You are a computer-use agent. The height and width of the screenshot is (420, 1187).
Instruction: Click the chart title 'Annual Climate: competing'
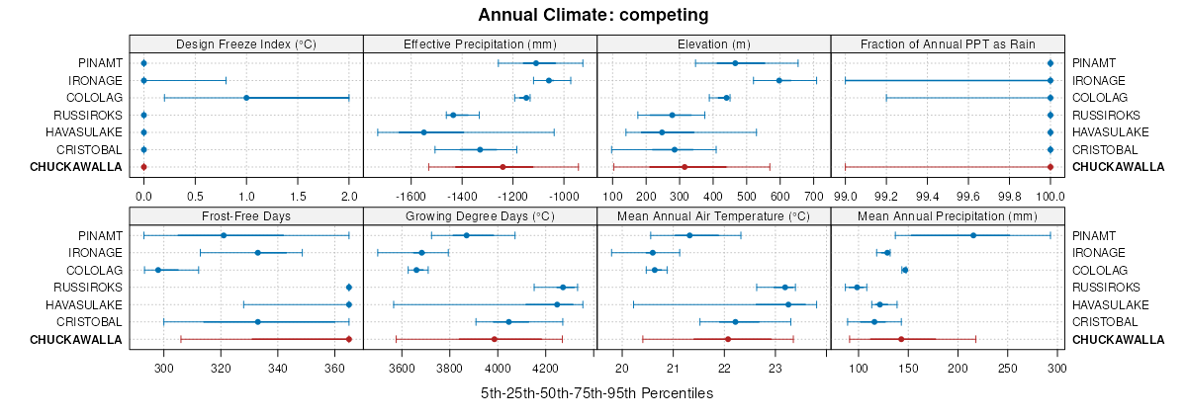(x=593, y=15)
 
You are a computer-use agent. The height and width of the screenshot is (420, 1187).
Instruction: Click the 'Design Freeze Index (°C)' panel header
(x=246, y=44)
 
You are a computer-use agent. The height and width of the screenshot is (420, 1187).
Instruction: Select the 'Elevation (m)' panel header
(x=713, y=44)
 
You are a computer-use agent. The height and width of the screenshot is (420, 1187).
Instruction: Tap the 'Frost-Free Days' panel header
(x=246, y=216)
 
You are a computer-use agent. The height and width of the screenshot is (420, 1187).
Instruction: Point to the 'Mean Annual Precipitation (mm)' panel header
(x=948, y=216)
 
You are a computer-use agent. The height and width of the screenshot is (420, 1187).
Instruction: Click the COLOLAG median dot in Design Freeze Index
(x=246, y=98)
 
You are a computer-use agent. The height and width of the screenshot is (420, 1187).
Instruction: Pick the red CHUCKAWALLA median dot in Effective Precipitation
(x=502, y=167)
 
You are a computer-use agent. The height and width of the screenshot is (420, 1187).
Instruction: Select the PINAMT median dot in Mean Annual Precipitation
(x=973, y=235)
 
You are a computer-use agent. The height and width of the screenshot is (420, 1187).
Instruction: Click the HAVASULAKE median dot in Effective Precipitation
(x=423, y=132)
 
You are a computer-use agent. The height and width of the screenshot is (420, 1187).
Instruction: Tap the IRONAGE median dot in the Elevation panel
(x=779, y=80)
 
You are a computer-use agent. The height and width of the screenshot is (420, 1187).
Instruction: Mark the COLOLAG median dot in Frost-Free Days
(x=158, y=270)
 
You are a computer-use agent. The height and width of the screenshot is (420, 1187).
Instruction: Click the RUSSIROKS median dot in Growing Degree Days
(x=563, y=288)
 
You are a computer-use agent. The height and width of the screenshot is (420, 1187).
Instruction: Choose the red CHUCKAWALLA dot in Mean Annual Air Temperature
(x=728, y=339)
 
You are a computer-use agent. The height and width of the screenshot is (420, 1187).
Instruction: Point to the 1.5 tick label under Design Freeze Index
(x=298, y=197)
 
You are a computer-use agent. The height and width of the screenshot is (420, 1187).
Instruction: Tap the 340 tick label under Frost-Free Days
(x=278, y=369)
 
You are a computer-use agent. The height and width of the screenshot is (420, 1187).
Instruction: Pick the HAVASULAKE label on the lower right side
(x=1111, y=304)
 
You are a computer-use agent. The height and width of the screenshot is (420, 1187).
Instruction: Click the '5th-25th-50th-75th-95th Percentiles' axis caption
(x=596, y=393)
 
